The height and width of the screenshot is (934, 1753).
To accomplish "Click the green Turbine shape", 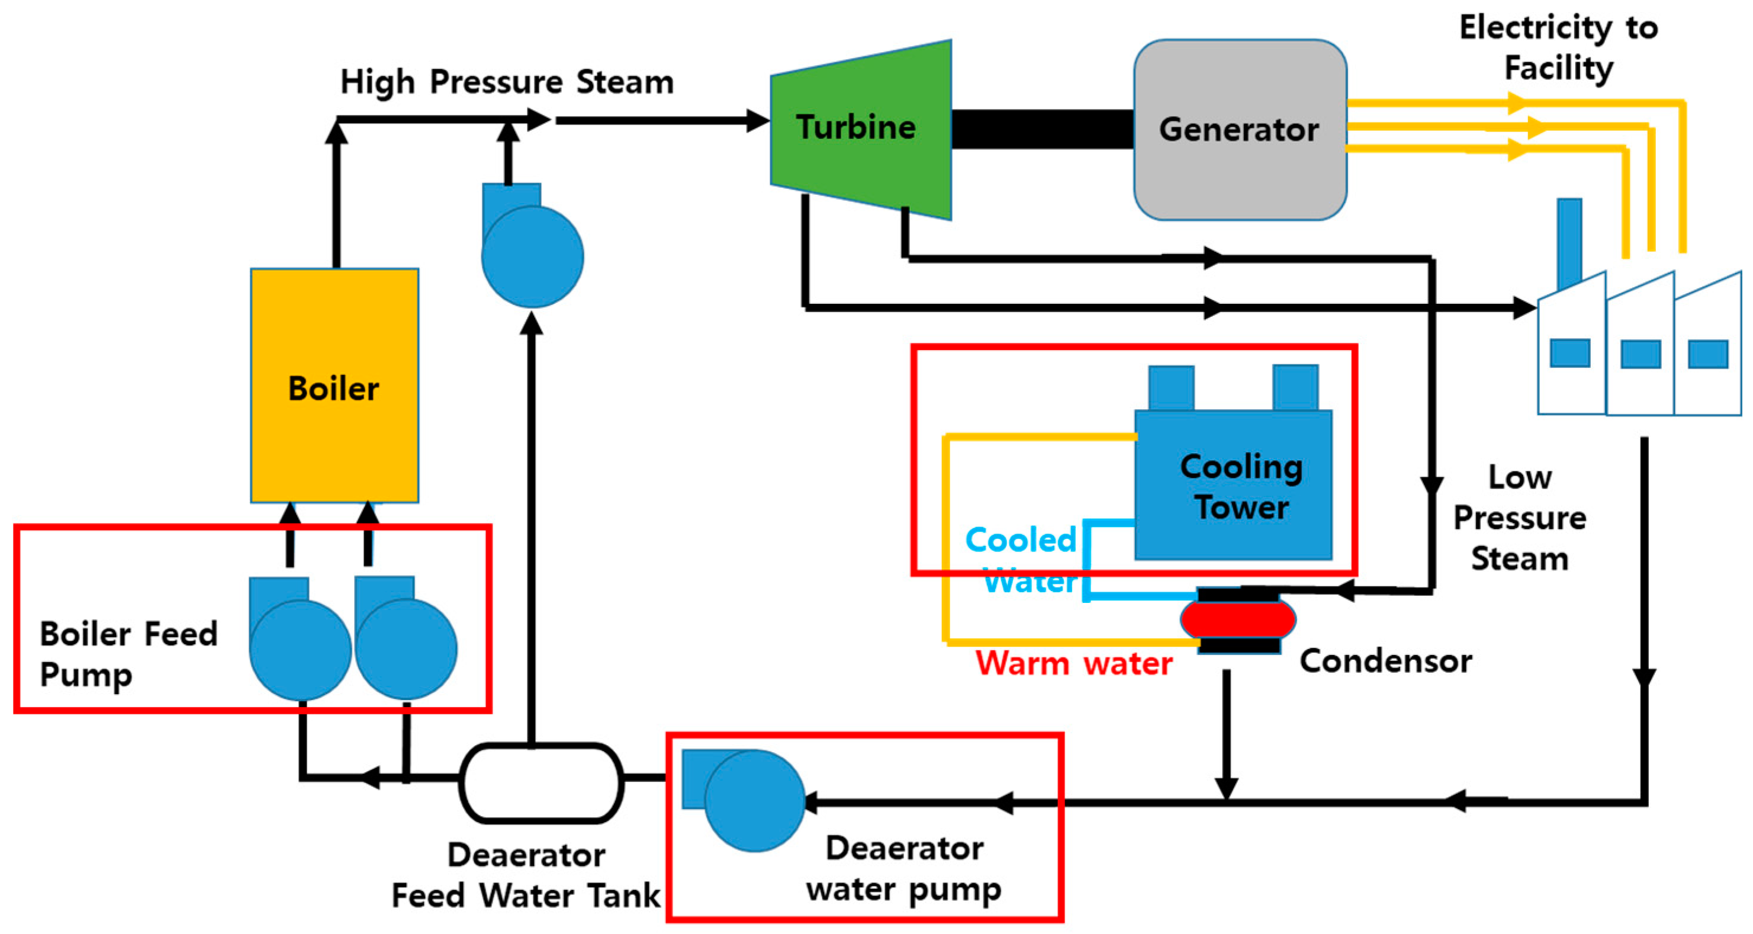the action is click(x=861, y=129).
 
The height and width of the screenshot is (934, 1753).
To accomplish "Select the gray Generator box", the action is click(x=1240, y=129).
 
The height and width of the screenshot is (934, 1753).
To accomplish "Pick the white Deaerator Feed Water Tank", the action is click(x=542, y=783).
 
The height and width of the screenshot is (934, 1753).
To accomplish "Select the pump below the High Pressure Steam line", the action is click(x=532, y=245).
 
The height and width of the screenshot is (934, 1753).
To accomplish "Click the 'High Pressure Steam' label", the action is click(x=507, y=82).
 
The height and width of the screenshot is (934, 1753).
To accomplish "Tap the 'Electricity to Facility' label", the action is click(x=1559, y=47).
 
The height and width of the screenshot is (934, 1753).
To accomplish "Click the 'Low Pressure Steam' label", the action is click(x=1520, y=518).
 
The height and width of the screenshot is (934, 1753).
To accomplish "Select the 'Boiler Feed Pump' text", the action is click(x=128, y=654).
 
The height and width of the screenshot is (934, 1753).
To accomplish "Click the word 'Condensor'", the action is click(x=1385, y=660).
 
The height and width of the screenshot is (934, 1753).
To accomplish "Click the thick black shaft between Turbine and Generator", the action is click(x=1043, y=129).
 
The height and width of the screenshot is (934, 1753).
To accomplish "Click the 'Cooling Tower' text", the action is click(x=1241, y=487).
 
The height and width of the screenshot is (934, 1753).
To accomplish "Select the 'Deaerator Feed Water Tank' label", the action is click(x=526, y=875).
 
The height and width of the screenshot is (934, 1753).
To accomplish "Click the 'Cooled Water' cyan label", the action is click(x=1021, y=560).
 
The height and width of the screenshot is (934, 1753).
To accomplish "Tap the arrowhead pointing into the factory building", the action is click(x=1524, y=308).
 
